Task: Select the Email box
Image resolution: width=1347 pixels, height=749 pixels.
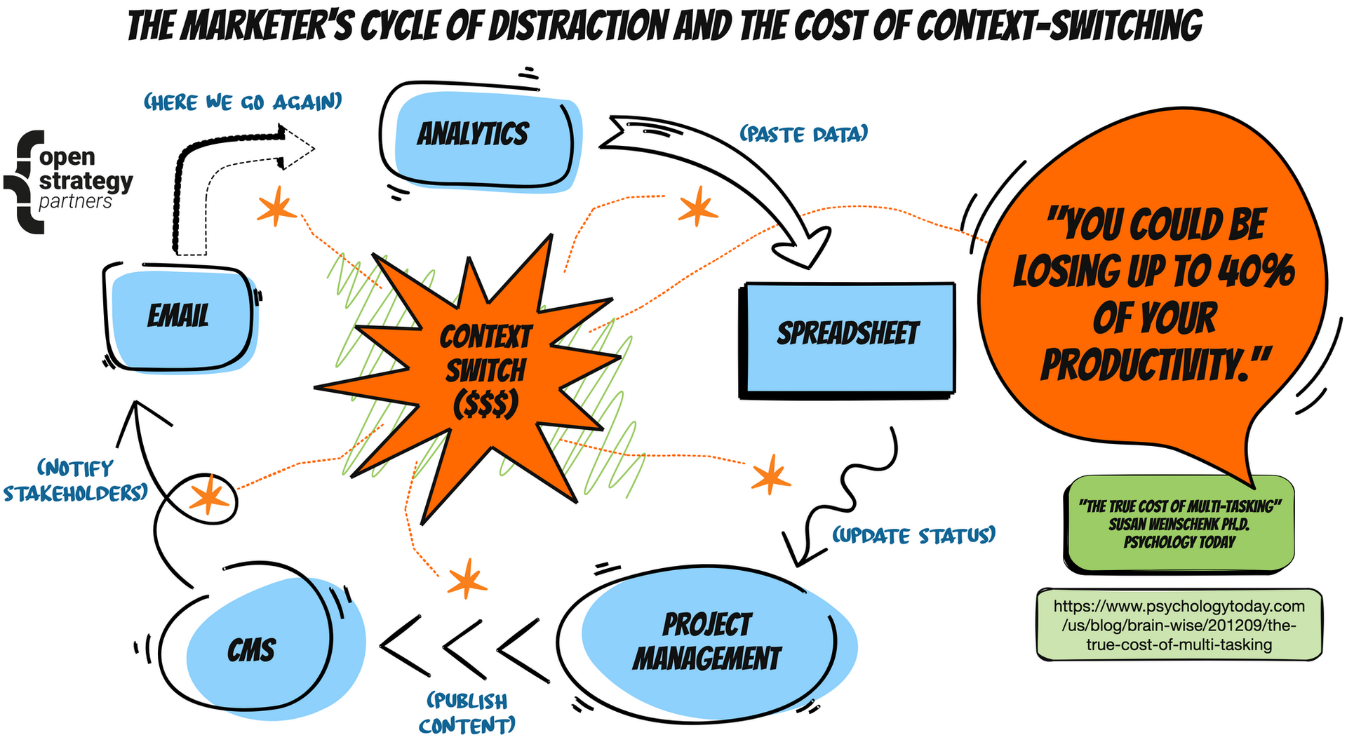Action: [x=180, y=316]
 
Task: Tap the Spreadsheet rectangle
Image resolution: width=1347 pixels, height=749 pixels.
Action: [x=847, y=335]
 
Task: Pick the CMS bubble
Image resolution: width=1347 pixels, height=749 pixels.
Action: [x=253, y=650]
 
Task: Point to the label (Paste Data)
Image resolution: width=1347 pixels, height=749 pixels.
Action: [x=804, y=134]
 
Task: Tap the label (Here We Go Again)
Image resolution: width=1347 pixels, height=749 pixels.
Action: [x=243, y=102]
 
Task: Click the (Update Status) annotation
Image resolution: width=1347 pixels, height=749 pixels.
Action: [x=913, y=537]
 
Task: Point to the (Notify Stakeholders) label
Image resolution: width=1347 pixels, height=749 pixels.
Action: [x=76, y=481]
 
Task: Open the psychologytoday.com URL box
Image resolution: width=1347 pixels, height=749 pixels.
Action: [x=1179, y=625]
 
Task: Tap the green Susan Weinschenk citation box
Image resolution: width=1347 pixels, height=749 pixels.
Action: [x=1179, y=524]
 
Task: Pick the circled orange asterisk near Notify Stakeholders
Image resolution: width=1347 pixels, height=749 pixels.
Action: [x=209, y=497]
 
